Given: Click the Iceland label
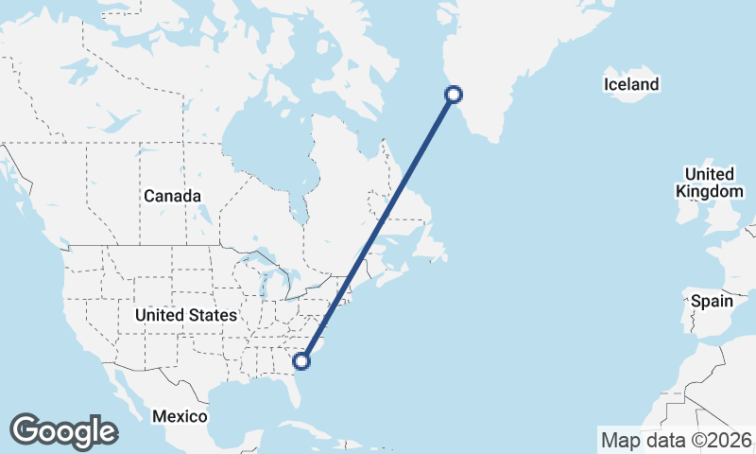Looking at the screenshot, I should tap(631, 85).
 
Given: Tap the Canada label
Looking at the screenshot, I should tap(172, 196).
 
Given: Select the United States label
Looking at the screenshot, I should tap(185, 314).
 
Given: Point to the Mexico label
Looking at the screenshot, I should tap(180, 416).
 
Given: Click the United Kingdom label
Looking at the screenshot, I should tap(710, 183).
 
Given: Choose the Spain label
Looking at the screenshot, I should tap(712, 302).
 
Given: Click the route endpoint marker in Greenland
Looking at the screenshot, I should tap(454, 94).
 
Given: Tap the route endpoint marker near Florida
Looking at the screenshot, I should tap(302, 360).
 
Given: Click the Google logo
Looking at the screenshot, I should tap(63, 431).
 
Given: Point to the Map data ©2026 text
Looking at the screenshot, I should tap(677, 440).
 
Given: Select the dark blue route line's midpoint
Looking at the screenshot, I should tap(378, 227).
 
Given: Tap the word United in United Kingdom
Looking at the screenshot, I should tap(710, 174).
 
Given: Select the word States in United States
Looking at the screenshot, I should tap(213, 314).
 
